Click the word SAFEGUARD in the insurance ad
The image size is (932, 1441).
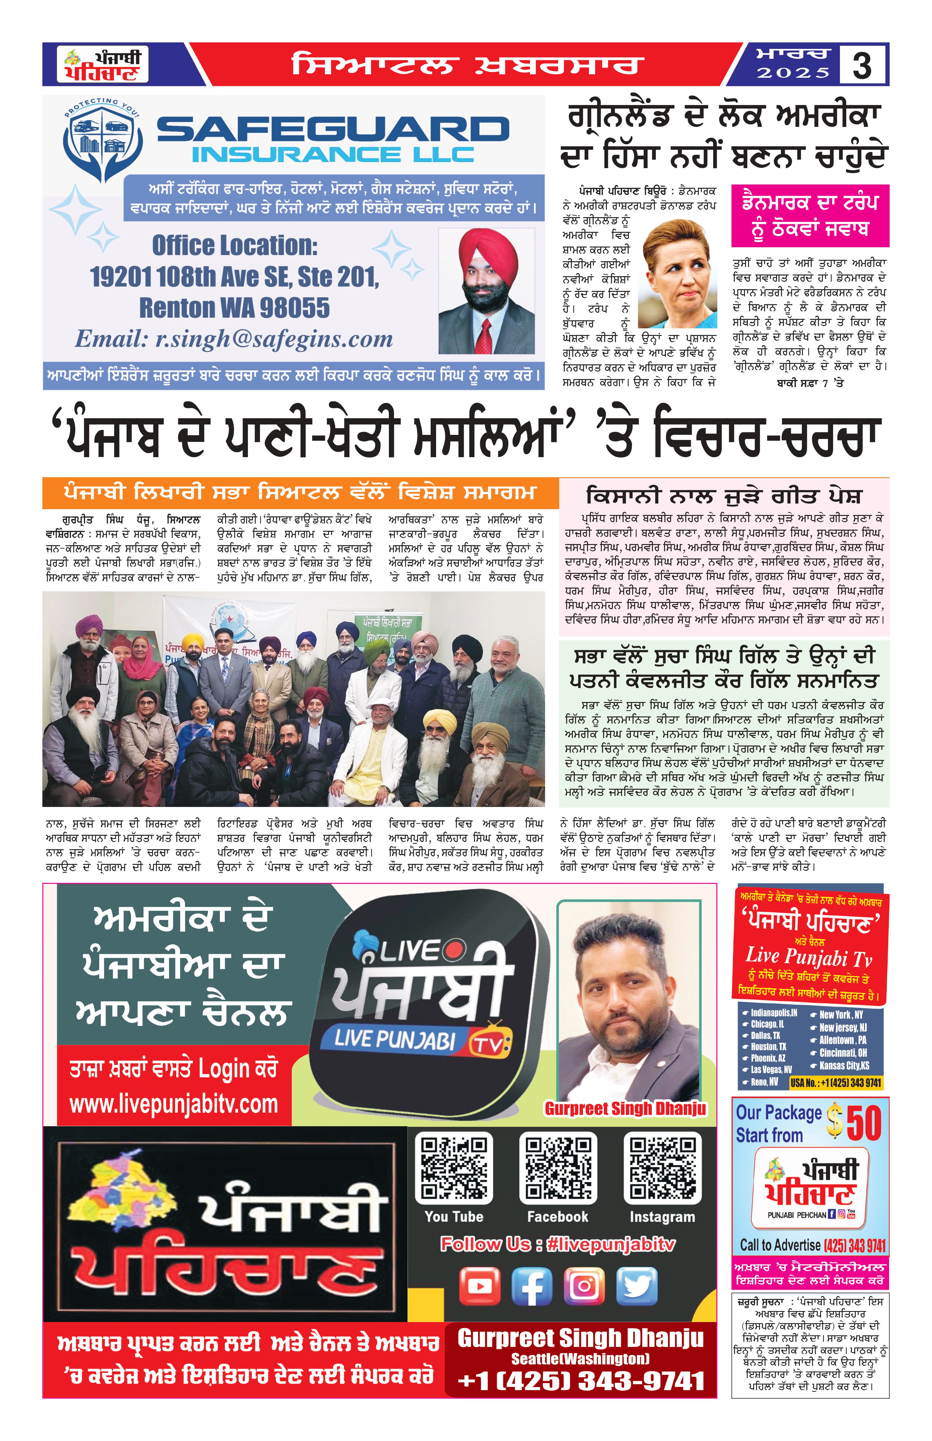pos(333,129)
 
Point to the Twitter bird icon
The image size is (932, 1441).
pos(637,1286)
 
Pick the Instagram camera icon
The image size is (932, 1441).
pos(585,1286)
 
